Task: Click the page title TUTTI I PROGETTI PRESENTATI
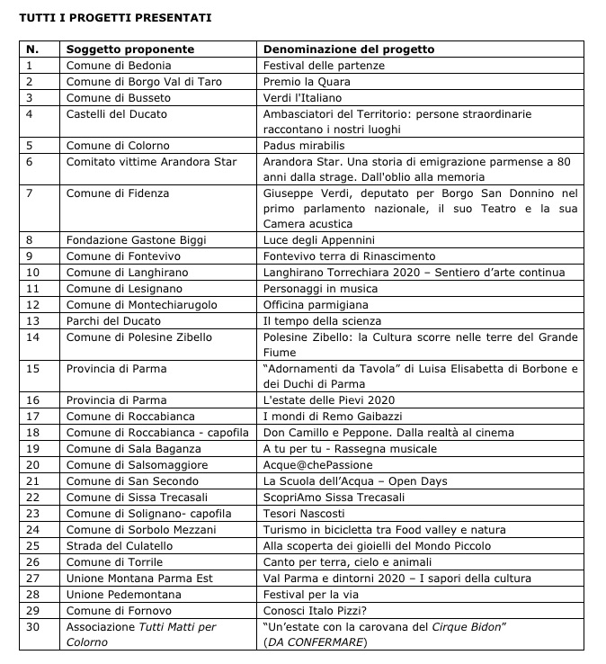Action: click(x=117, y=16)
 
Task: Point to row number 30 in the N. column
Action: click(x=34, y=627)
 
